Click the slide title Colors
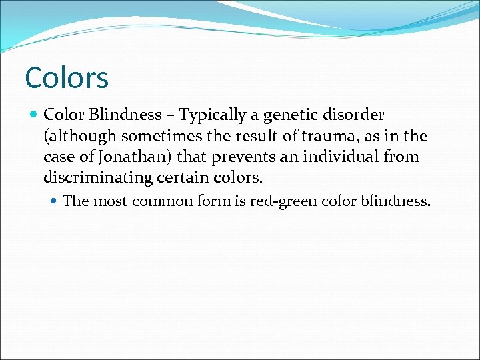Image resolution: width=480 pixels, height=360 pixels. click(x=66, y=78)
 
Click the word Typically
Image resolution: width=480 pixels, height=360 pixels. click(x=212, y=115)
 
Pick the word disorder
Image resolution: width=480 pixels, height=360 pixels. click(x=355, y=115)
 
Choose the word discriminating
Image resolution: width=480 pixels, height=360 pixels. click(x=104, y=179)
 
